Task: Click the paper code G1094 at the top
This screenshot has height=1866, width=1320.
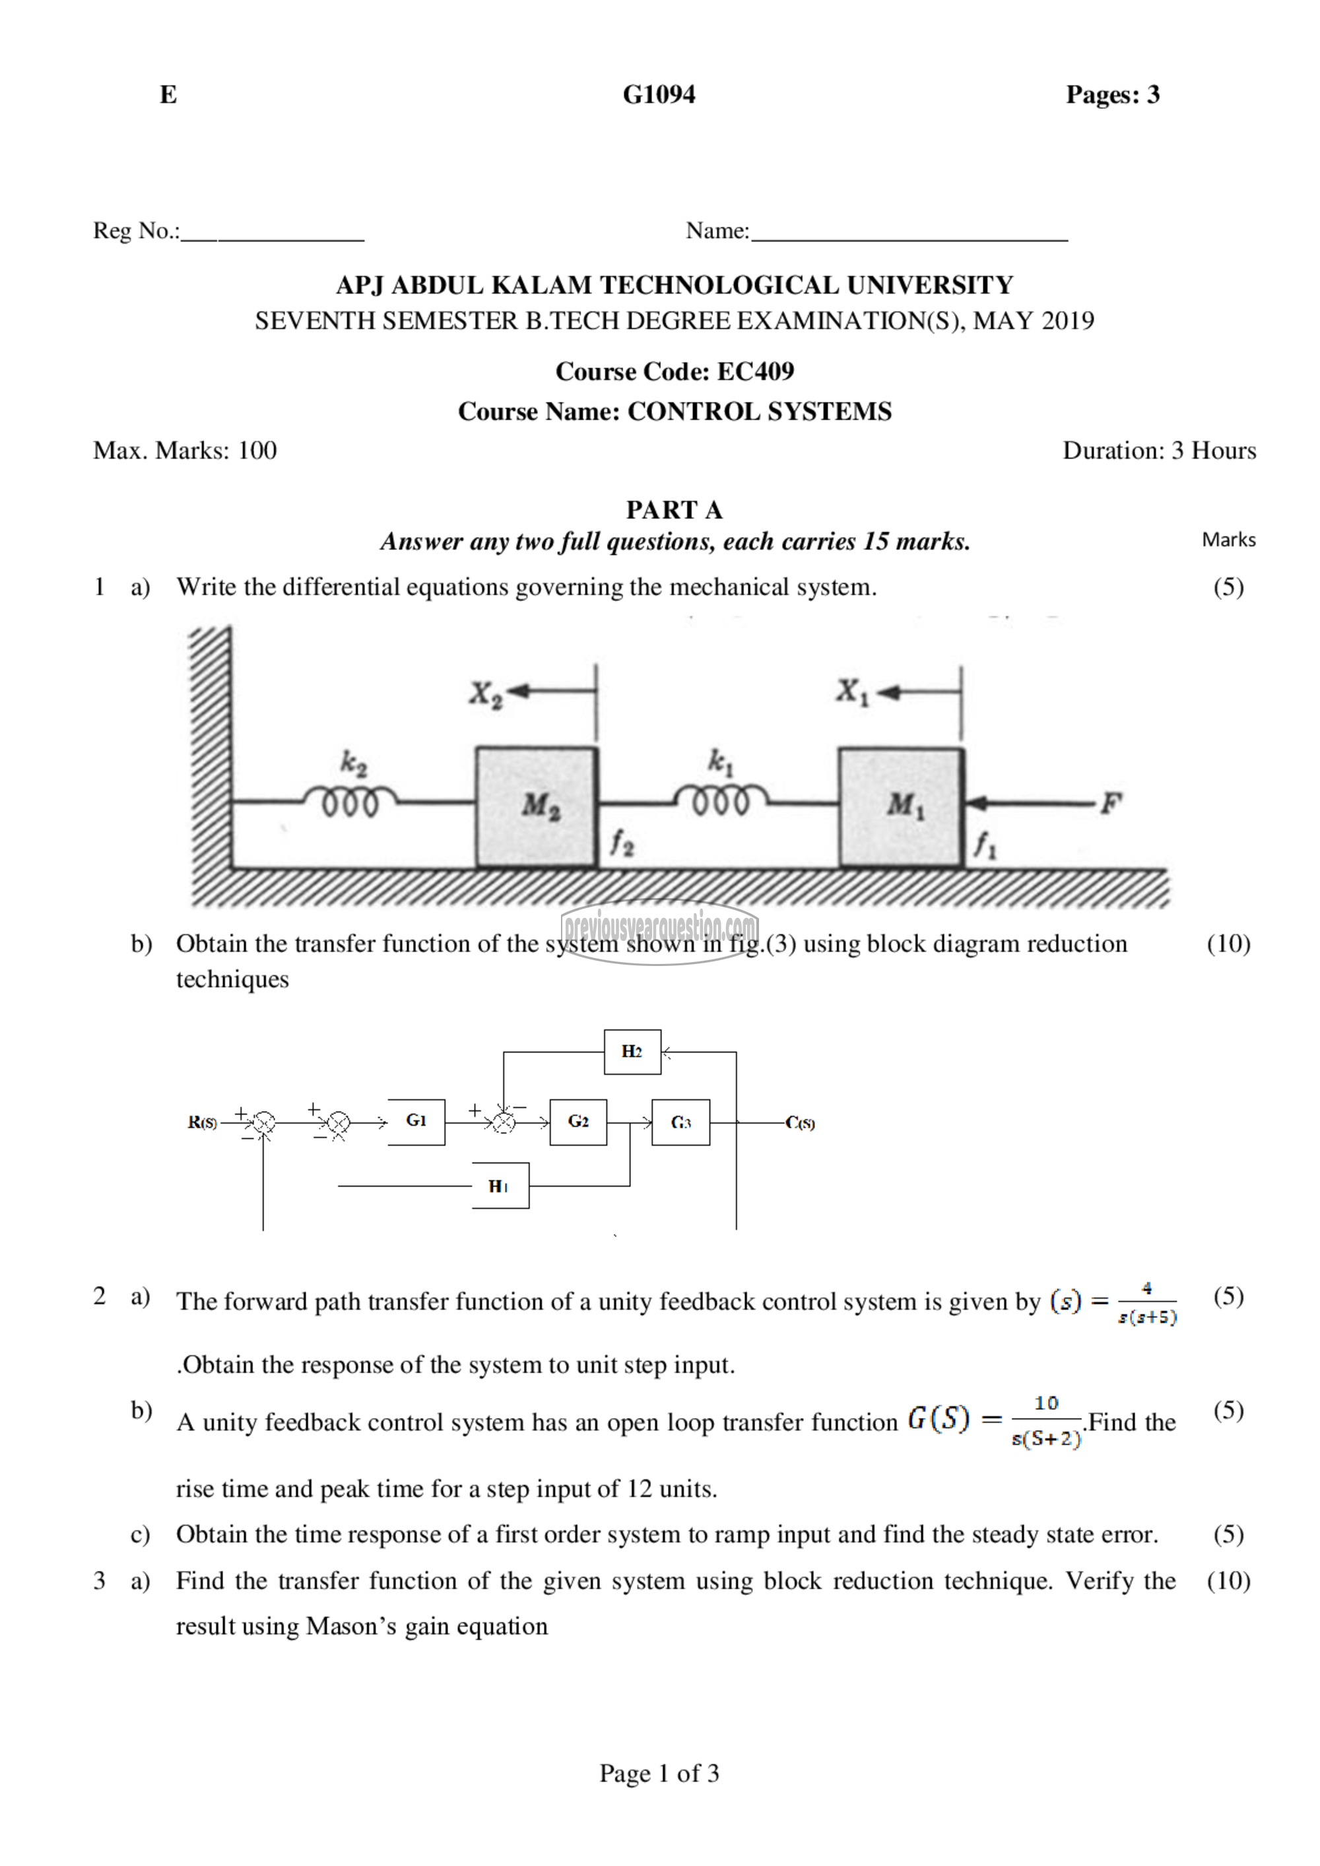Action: tap(659, 94)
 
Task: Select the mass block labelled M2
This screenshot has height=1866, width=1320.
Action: tap(537, 807)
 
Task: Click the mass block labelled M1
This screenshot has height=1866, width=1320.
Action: tap(901, 807)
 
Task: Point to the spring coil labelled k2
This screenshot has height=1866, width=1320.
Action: tap(350, 800)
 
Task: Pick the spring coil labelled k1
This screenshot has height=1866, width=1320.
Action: tap(720, 800)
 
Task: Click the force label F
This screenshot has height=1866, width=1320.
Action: tap(1109, 804)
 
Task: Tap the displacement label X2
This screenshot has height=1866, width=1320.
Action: tap(486, 694)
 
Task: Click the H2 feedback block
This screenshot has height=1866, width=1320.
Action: tap(632, 1052)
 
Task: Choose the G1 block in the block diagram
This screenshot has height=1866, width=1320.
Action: tap(416, 1122)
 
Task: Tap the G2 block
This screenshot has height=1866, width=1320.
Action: tap(578, 1122)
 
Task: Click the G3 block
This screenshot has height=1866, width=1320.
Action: tap(680, 1122)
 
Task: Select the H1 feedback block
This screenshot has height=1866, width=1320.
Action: tap(500, 1186)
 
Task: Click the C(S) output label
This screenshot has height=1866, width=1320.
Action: tap(800, 1123)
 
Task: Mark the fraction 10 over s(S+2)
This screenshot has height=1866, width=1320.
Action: tap(1046, 1421)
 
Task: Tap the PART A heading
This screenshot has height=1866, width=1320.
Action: tap(674, 509)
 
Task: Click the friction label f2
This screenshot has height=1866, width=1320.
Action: tap(622, 844)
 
